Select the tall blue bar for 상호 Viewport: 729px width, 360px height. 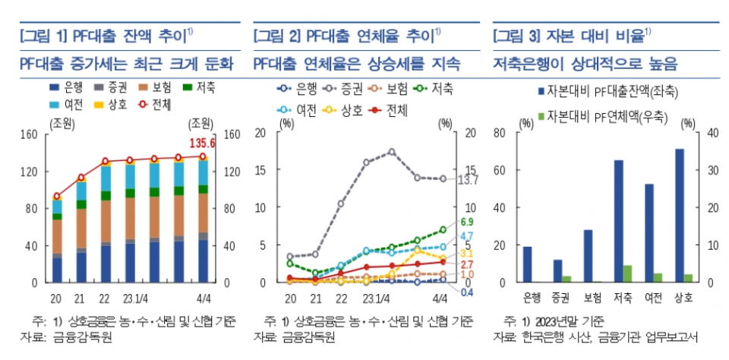click(679, 216)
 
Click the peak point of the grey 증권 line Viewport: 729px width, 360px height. click(392, 151)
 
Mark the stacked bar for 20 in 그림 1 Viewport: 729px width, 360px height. click(57, 241)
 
